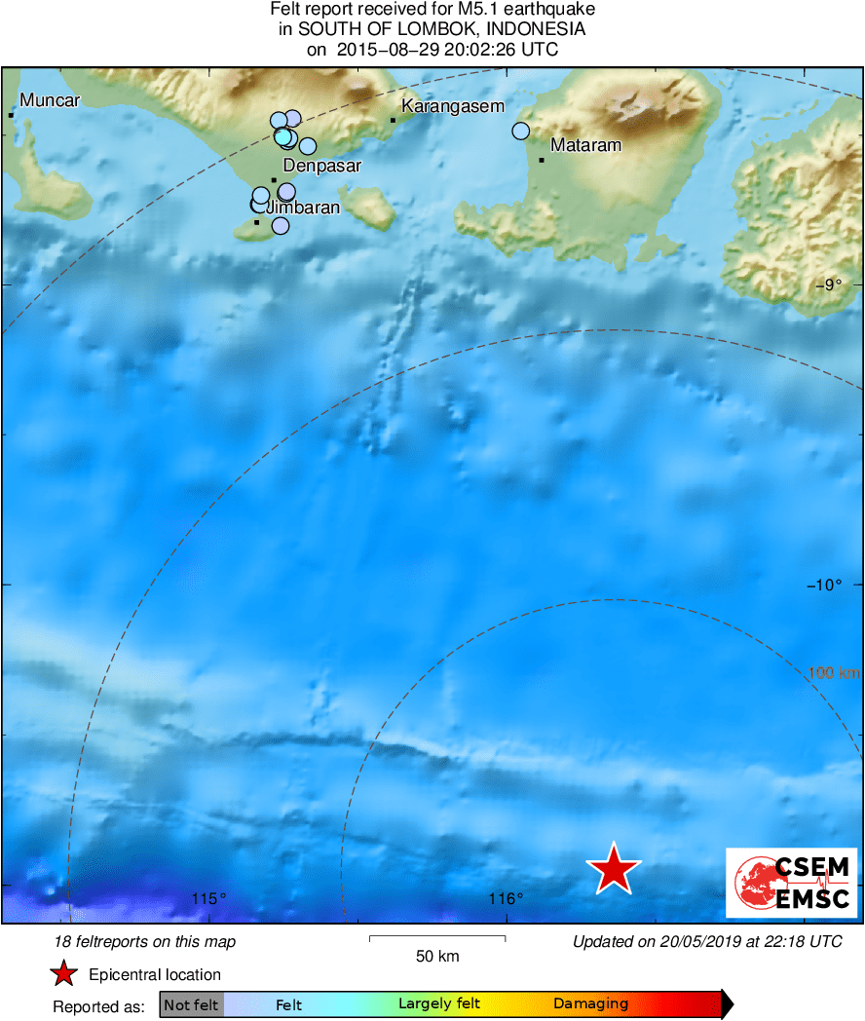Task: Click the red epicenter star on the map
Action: tap(614, 868)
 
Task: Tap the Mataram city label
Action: tap(585, 146)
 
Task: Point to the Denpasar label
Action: tap(322, 166)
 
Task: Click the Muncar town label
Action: tap(50, 100)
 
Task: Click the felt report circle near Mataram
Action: tap(521, 131)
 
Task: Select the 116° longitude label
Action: tap(507, 898)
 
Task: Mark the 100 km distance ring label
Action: tap(834, 672)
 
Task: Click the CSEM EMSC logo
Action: tap(792, 883)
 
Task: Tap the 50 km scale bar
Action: tap(437, 938)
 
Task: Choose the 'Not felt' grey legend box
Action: tap(191, 1004)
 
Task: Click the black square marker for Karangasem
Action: tap(394, 120)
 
